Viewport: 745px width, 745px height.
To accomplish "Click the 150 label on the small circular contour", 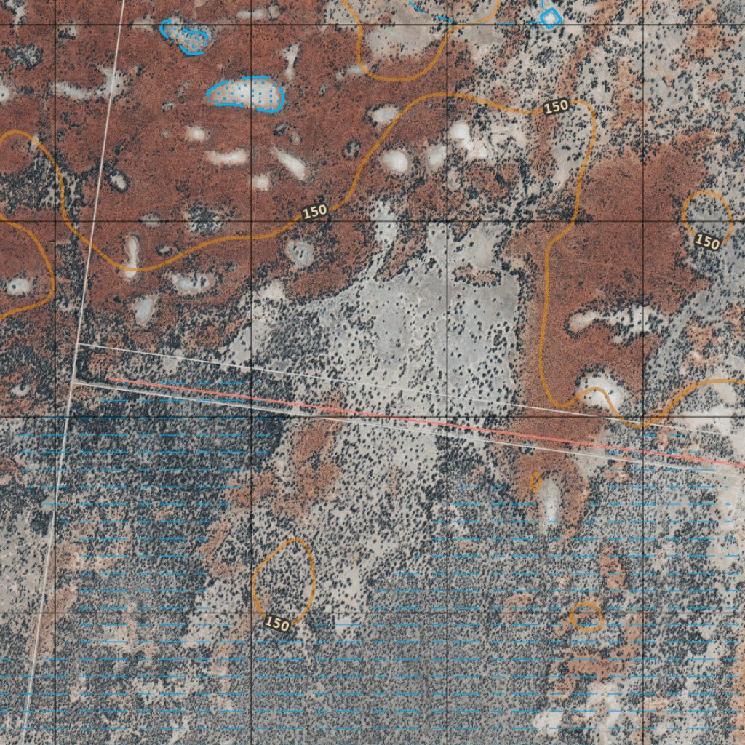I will click(706, 241).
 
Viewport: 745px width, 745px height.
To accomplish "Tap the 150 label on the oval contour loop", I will click(277, 624).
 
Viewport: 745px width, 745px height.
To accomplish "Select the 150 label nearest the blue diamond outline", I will click(556, 106).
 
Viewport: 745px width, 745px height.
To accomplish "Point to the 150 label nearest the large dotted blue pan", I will click(315, 212).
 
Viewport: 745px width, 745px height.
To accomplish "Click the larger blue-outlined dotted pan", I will click(246, 94).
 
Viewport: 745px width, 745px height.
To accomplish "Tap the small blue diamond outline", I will click(551, 15).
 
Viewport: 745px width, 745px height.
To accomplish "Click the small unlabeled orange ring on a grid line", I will click(586, 616).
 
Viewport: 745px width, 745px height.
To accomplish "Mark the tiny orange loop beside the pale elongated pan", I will click(537, 482).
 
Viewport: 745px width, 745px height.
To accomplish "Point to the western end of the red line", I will click(111, 378).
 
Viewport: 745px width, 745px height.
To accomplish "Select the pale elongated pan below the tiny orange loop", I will click(551, 503).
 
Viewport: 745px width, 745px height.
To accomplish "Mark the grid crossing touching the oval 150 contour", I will click(251, 613).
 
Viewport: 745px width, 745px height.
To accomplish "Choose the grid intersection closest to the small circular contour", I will click(643, 220).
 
